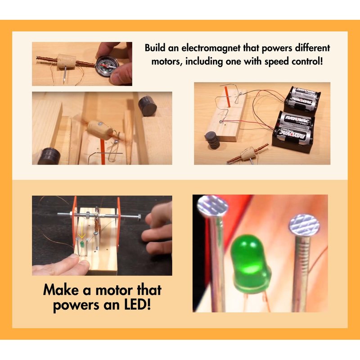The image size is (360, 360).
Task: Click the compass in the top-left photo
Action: (107, 66)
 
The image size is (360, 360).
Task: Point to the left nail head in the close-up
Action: (212, 206)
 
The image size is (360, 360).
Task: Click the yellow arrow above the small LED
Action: (81, 235)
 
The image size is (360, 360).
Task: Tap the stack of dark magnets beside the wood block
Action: (212, 140)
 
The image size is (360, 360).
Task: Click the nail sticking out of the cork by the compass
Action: (65, 74)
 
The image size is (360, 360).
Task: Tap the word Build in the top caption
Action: (155, 48)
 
